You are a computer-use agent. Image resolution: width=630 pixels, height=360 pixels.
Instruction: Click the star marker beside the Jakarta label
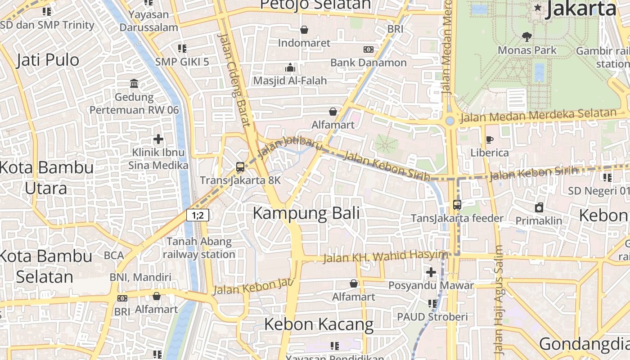pyautogui.click(x=537, y=8)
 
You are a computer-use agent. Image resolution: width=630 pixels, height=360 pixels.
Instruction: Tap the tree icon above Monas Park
pyautogui.click(x=526, y=37)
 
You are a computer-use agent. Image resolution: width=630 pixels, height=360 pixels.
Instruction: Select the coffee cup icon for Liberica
pyautogui.click(x=490, y=139)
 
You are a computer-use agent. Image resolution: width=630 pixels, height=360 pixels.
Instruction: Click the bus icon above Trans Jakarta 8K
pyautogui.click(x=240, y=167)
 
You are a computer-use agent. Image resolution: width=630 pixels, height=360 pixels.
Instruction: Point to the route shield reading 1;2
pyautogui.click(x=198, y=215)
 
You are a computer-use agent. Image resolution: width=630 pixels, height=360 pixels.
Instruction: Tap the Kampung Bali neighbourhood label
pyautogui.click(x=306, y=213)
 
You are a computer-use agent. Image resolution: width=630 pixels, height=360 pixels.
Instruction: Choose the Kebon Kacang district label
pyautogui.click(x=319, y=324)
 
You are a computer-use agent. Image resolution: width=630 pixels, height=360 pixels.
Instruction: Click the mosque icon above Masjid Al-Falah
pyautogui.click(x=290, y=67)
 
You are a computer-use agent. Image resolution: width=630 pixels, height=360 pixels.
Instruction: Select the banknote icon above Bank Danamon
pyautogui.click(x=369, y=49)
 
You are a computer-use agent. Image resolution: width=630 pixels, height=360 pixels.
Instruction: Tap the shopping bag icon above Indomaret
pyautogui.click(x=304, y=30)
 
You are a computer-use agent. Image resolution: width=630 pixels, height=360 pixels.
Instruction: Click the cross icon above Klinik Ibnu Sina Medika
pyautogui.click(x=158, y=139)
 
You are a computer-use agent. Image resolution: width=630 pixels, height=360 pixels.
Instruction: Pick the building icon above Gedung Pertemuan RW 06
pyautogui.click(x=134, y=84)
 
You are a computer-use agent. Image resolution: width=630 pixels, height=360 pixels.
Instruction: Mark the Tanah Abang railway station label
pyautogui.click(x=199, y=248)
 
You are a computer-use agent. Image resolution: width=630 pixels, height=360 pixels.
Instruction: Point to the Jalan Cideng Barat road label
pyautogui.click(x=234, y=80)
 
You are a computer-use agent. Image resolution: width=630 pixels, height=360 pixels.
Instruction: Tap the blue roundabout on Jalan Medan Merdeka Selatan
pyautogui.click(x=450, y=121)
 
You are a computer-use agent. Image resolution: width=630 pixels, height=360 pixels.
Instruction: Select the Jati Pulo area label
pyautogui.click(x=48, y=60)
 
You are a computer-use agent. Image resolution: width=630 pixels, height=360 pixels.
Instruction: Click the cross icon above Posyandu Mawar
pyautogui.click(x=431, y=272)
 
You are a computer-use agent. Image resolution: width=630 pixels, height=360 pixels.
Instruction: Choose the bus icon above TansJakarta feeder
pyautogui.click(x=457, y=205)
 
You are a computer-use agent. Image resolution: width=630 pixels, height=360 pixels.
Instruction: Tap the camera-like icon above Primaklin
pyautogui.click(x=539, y=207)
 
